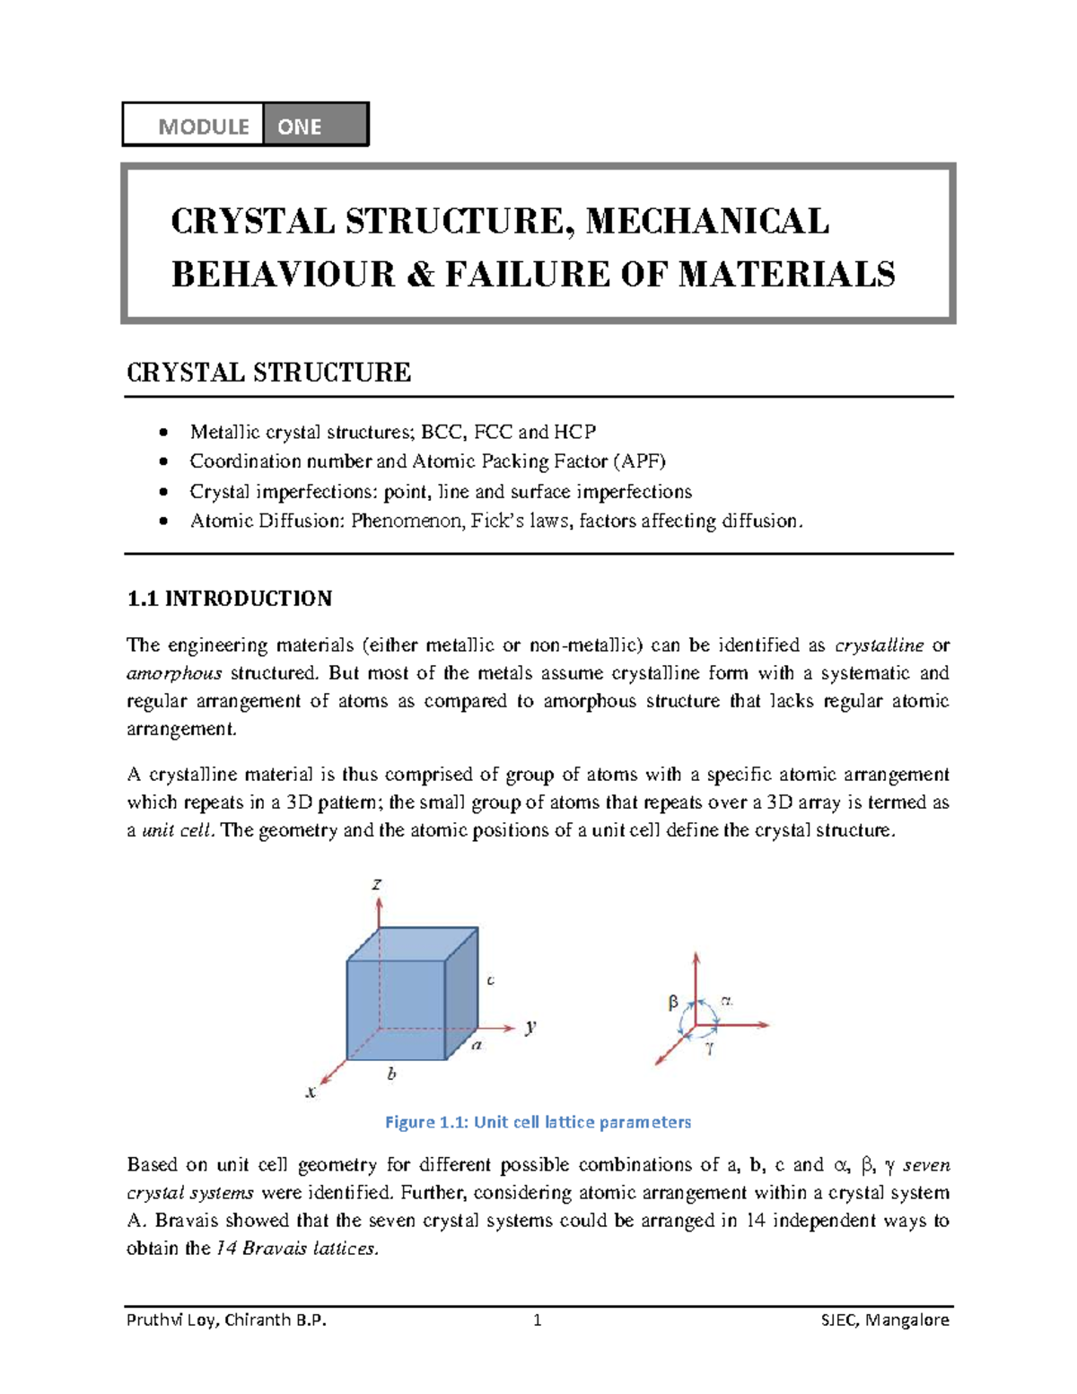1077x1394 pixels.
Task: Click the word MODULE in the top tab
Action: [204, 127]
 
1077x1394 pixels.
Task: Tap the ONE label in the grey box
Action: [299, 127]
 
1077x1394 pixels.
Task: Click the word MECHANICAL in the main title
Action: [707, 221]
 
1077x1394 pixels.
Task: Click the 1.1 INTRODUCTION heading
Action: [230, 599]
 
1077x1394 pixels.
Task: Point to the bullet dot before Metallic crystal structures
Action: [162, 433]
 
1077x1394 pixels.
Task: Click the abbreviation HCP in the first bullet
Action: [574, 432]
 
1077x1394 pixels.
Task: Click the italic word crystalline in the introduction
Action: [879, 645]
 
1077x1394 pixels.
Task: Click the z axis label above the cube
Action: [377, 884]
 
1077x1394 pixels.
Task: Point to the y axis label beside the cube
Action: [531, 1026]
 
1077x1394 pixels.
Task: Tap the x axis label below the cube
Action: [311, 1092]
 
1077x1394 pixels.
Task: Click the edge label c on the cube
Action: [490, 980]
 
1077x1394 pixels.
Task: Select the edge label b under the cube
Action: [391, 1074]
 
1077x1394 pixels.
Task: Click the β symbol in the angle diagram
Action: [673, 1004]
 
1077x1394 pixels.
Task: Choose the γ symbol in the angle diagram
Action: [709, 1047]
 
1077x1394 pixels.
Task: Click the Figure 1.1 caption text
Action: [538, 1122]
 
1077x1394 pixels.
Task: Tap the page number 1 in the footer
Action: [537, 1319]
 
